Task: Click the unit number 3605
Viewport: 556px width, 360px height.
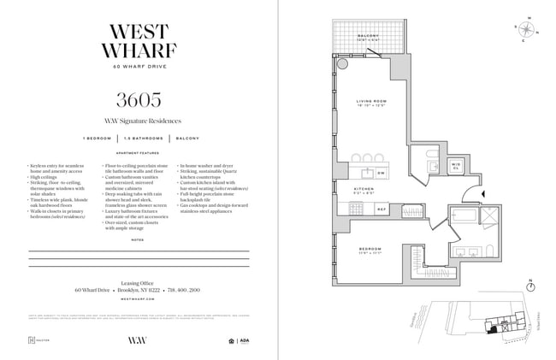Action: (139, 97)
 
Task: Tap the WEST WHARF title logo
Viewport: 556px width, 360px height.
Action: (139, 38)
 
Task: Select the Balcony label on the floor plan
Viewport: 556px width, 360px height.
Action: (368, 37)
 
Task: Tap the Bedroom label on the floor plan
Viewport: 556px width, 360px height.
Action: (370, 250)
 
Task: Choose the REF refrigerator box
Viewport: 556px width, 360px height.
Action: (382, 208)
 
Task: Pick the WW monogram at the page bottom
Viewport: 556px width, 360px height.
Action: (139, 339)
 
